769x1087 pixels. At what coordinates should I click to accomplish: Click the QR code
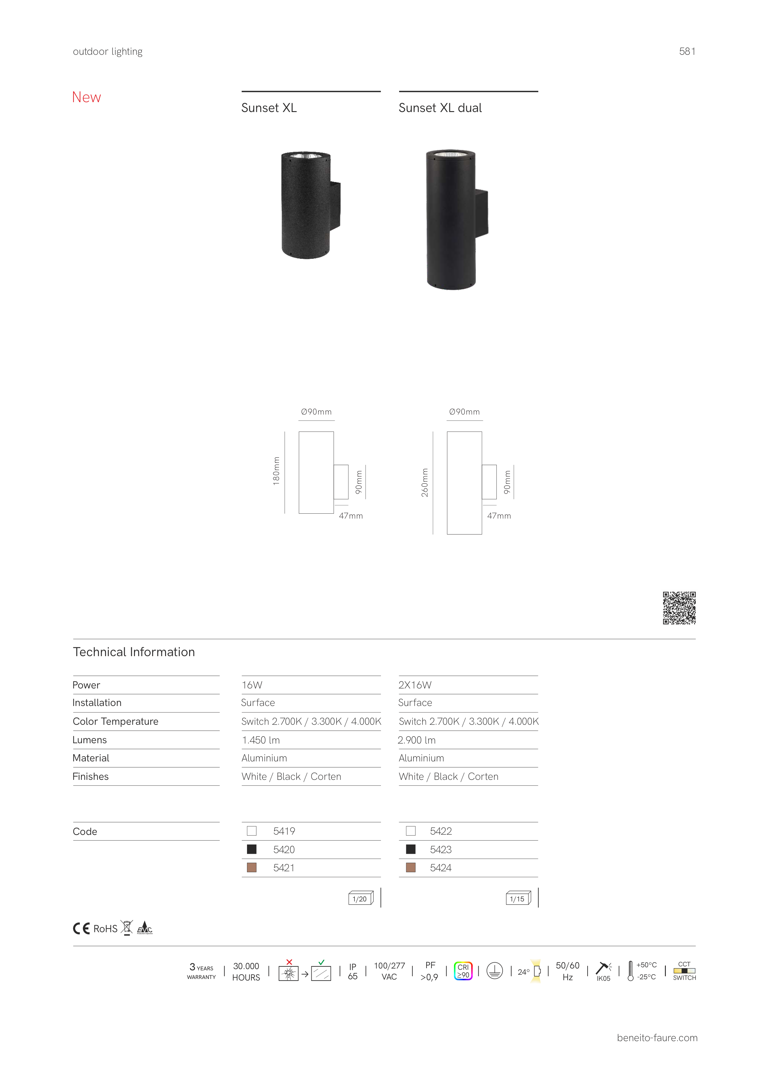[679, 608]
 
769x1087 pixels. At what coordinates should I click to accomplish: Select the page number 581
[687, 51]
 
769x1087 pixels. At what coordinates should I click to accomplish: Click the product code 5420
[284, 849]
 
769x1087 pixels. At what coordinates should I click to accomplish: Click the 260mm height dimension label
[425, 483]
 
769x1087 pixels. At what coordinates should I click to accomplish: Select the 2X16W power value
[415, 685]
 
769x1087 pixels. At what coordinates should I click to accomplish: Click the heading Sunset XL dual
[440, 108]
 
